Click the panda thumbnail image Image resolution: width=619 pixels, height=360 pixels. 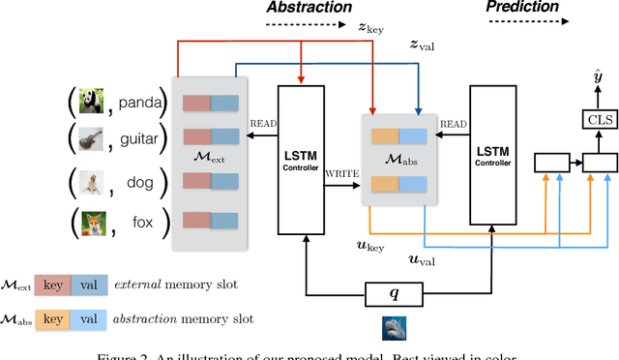click(89, 102)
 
